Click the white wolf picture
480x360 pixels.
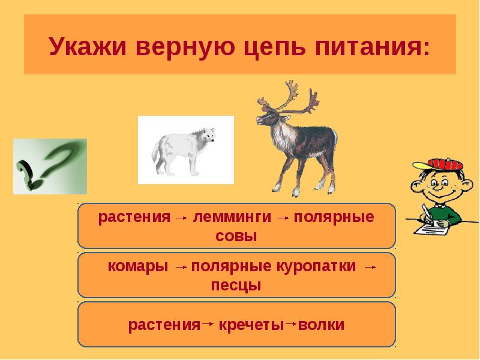pos(185,149)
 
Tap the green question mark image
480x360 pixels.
pos(50,166)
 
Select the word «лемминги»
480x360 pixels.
pos(233,217)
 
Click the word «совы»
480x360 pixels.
pos(236,236)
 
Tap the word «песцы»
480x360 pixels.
pos(236,286)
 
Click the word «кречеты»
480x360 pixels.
pos(250,325)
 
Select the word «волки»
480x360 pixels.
pos(321,325)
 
